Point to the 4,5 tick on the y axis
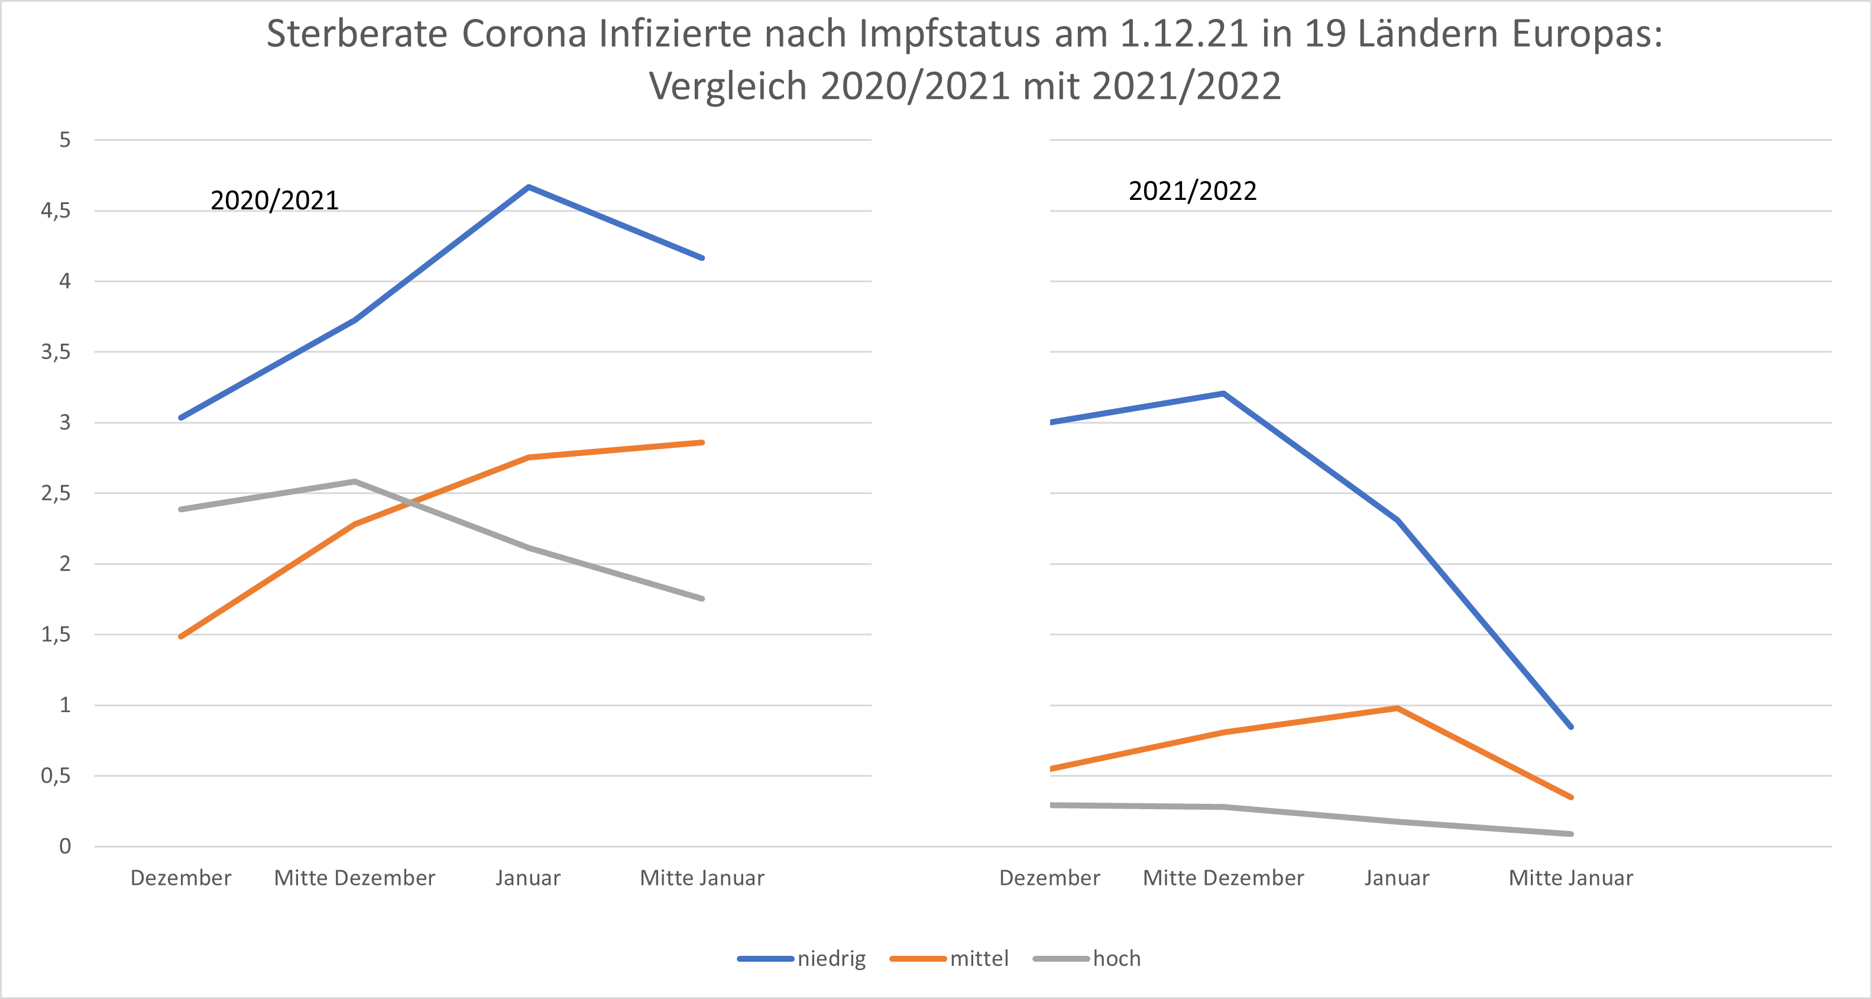pyautogui.click(x=56, y=211)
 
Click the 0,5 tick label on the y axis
pyautogui.click(x=56, y=776)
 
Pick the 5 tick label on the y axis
pyautogui.click(x=64, y=140)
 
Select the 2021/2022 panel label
pyautogui.click(x=1192, y=190)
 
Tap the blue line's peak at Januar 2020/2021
pyautogui.click(x=529, y=187)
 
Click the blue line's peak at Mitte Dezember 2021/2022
pyautogui.click(x=1224, y=393)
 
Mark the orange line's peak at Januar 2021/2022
pyautogui.click(x=1397, y=707)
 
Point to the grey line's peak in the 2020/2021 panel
pyautogui.click(x=355, y=481)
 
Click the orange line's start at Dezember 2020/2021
pyautogui.click(x=181, y=636)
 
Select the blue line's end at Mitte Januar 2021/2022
pyautogui.click(x=1570, y=726)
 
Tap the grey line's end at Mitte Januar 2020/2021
pyautogui.click(x=702, y=599)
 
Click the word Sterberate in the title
pyautogui.click(x=357, y=34)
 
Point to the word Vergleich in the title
pyautogui.click(x=727, y=86)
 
